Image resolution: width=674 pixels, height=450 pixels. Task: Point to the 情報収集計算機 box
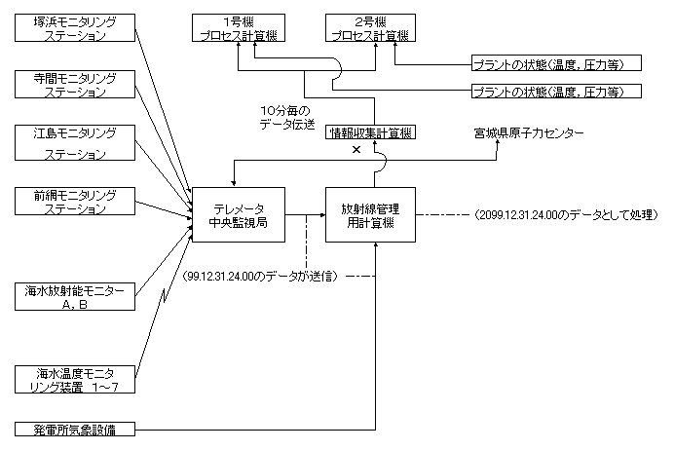(x=369, y=132)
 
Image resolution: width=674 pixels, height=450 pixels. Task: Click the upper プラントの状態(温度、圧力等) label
(x=556, y=64)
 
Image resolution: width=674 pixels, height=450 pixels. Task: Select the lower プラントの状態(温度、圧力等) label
(x=556, y=92)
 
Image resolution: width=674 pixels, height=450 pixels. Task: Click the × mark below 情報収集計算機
(x=356, y=151)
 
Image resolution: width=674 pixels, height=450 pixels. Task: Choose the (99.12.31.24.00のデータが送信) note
(x=260, y=277)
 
